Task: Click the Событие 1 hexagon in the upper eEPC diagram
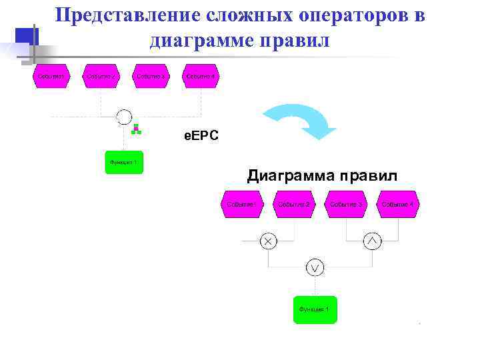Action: click(x=51, y=77)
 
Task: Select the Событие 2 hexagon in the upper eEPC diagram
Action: click(x=101, y=77)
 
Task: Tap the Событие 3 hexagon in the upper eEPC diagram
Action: click(x=151, y=77)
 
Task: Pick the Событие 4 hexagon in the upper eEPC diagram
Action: click(x=201, y=77)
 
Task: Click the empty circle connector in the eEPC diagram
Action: click(x=124, y=117)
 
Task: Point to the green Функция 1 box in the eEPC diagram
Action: click(x=124, y=162)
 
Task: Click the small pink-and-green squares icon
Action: click(x=136, y=129)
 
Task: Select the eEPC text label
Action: click(x=201, y=137)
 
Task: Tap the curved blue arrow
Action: click(x=301, y=119)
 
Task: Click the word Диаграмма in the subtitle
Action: click(x=291, y=176)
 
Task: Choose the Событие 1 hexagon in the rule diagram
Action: click(x=241, y=204)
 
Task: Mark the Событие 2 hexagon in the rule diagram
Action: click(x=294, y=204)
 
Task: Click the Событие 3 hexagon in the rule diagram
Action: click(x=346, y=204)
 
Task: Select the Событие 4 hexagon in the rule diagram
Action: click(x=399, y=204)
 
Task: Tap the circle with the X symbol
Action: click(x=268, y=241)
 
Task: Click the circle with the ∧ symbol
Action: click(x=372, y=241)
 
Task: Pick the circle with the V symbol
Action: click(x=315, y=267)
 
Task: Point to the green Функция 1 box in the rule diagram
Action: click(x=315, y=310)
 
